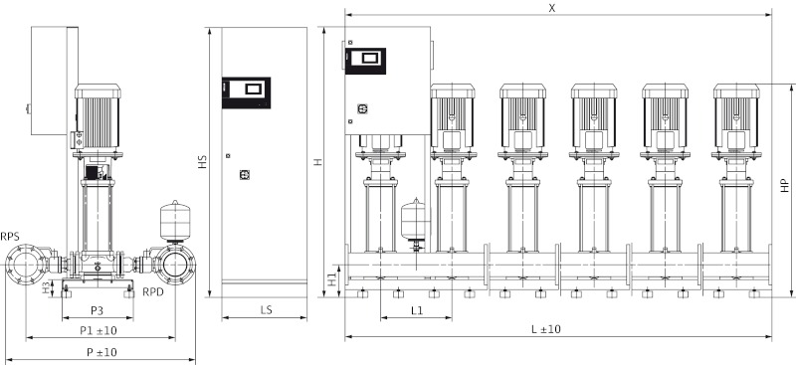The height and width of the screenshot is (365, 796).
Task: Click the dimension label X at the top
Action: click(552, 8)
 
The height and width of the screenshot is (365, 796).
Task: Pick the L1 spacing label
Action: click(416, 310)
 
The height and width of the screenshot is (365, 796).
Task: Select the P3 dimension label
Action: click(98, 310)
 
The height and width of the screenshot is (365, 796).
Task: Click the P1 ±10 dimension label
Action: click(98, 330)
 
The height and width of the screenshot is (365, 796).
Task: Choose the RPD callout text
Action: click(153, 292)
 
